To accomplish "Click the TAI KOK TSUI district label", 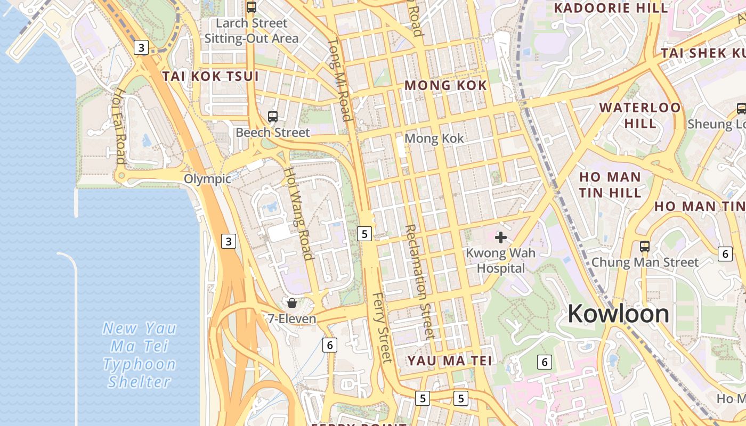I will (x=210, y=76).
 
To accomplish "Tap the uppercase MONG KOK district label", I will (x=445, y=85).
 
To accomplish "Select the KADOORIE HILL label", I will (x=611, y=8).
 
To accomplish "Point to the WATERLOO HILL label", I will (x=640, y=115).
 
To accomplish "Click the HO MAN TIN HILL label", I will (x=610, y=184).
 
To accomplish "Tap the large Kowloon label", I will (x=618, y=313).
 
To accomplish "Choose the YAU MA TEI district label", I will (x=449, y=361).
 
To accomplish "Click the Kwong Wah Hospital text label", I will (x=501, y=260).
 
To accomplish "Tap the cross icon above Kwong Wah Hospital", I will (x=501, y=237).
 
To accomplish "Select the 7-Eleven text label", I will (x=292, y=319).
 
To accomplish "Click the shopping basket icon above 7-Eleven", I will (x=292, y=303).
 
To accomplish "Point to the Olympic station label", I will (x=208, y=179).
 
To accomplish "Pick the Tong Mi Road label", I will (x=339, y=80).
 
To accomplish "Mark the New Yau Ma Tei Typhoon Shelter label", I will (x=140, y=355).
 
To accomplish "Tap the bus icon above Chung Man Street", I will (x=645, y=247).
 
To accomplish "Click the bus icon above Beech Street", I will (x=273, y=116).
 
